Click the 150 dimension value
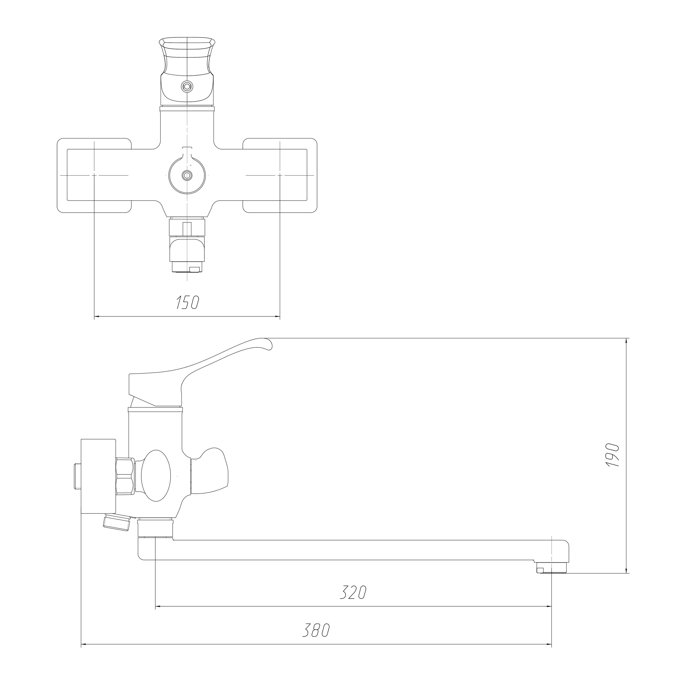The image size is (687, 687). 187,302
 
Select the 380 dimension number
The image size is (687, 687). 316,630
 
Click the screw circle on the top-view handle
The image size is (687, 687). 187,86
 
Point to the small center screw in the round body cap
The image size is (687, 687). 187,175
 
